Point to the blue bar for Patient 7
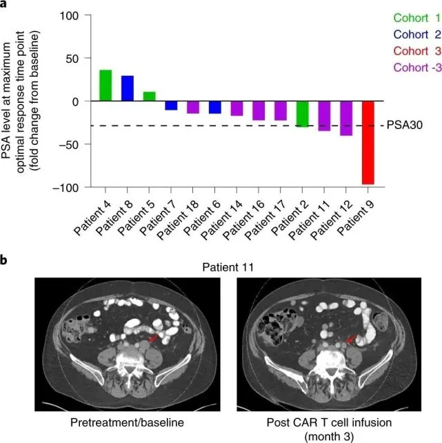[x=170, y=106]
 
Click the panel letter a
[x=5, y=5]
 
